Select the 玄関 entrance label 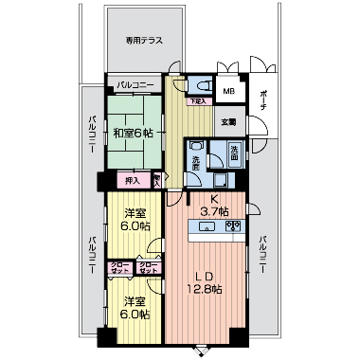229,121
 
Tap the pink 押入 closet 132,180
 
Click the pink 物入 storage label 156,179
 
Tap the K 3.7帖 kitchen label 213,207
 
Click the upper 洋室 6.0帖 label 133,221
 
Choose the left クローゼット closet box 120,267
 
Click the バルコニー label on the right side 261,255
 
